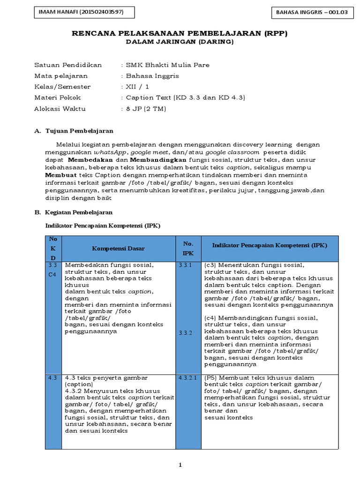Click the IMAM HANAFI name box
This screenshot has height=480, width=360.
85,12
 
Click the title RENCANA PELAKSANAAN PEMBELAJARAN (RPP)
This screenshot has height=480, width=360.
180,34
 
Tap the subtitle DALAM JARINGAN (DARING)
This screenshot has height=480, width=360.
180,42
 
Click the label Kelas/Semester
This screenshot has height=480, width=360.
63,87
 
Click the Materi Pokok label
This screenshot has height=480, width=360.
58,97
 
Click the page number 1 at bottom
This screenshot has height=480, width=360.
180,465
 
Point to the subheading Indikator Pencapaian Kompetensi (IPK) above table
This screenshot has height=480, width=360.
103,225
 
